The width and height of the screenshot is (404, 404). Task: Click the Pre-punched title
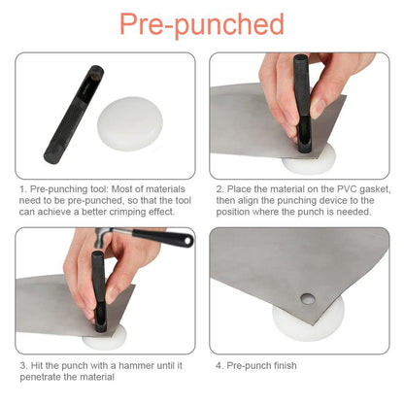(202, 24)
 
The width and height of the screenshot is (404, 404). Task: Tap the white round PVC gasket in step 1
(130, 124)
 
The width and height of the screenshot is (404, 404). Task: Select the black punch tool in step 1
(74, 114)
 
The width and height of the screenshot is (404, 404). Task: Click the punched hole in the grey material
(307, 299)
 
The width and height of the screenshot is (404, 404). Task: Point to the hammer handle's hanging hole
(187, 241)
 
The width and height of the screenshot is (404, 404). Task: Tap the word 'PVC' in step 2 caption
(348, 189)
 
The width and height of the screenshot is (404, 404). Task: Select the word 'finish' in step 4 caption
(286, 366)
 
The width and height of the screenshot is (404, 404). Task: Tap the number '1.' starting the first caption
(23, 189)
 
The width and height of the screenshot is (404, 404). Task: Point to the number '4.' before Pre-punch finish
(219, 366)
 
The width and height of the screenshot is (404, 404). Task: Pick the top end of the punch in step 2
(301, 58)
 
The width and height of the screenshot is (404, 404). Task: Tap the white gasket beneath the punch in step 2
(309, 163)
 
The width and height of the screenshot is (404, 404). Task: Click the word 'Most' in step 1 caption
(121, 189)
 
